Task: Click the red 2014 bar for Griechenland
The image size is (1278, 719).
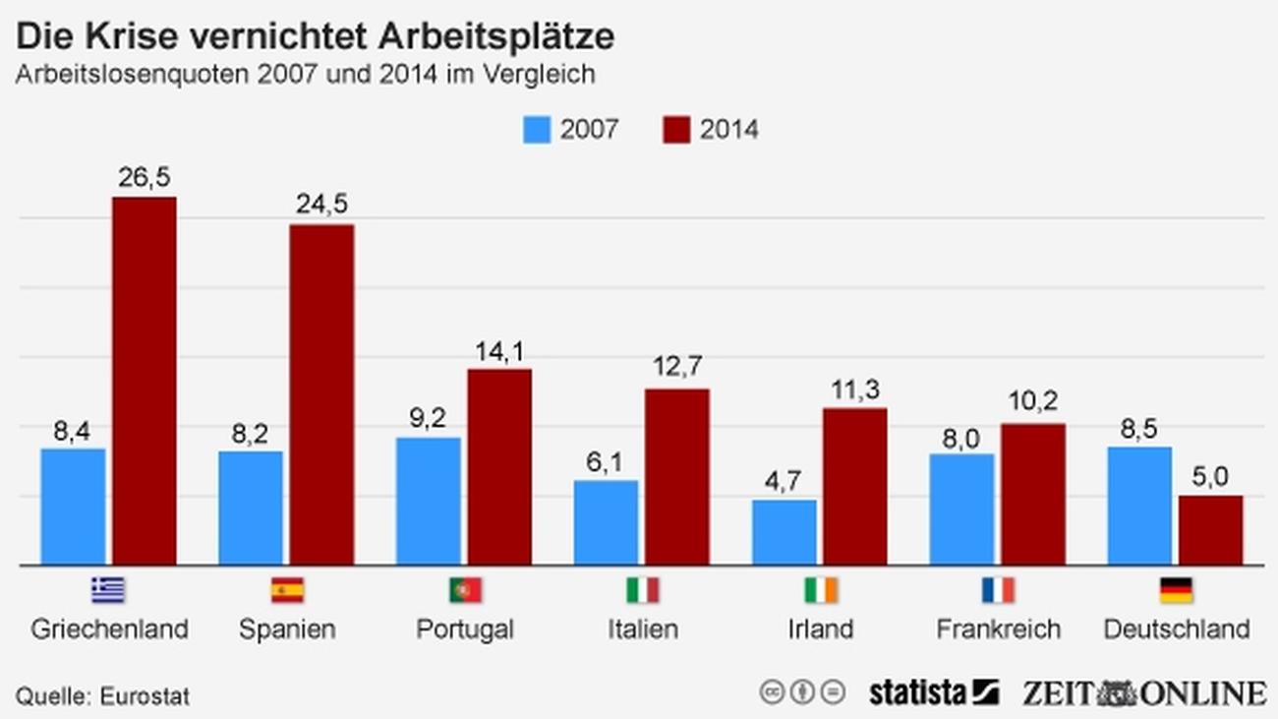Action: pos(145,381)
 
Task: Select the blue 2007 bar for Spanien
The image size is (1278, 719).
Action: pos(251,508)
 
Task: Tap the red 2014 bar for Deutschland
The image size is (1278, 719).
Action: pos(1210,530)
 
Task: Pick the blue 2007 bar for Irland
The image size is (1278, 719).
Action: pos(784,532)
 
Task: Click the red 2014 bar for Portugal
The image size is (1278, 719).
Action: pos(499,467)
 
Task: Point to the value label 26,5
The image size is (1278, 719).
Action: pos(145,177)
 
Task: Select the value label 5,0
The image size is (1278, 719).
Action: pos(1210,476)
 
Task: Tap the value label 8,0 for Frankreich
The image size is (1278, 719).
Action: pos(961,439)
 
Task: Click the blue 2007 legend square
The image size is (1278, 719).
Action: pos(538,130)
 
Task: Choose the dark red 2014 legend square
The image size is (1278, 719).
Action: pos(676,130)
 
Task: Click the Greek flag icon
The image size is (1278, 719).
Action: pos(108,590)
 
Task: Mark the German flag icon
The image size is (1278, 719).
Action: pos(1177,590)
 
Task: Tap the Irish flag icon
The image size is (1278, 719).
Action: pos(821,590)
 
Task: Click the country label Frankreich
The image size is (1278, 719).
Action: pos(998,629)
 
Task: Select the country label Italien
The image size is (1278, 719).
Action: pos(643,629)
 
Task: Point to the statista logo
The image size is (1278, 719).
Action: pos(932,692)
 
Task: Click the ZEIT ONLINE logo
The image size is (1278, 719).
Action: pos(1143,692)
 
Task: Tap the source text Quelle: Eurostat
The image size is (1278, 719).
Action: pos(102,696)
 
